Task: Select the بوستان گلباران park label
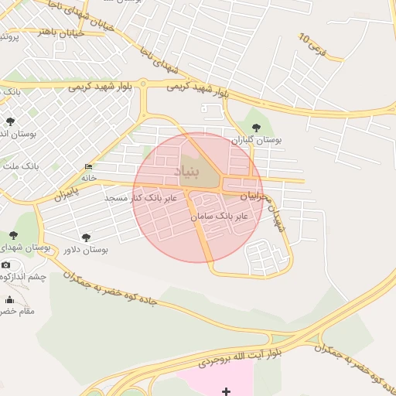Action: [258, 140]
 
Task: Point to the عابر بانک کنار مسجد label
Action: [142, 198]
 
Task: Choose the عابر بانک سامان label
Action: [220, 216]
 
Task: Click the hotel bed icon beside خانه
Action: [89, 167]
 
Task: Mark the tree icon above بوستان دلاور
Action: [85, 237]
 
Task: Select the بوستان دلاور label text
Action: [85, 250]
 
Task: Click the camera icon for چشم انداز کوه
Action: [6, 265]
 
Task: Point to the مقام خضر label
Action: [17, 311]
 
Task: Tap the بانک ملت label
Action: [20, 166]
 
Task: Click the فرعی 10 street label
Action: [312, 43]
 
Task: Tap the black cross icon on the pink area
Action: [226, 391]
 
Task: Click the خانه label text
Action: [89, 178]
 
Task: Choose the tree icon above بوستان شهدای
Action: [13, 235]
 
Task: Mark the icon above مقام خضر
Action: [10, 299]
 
